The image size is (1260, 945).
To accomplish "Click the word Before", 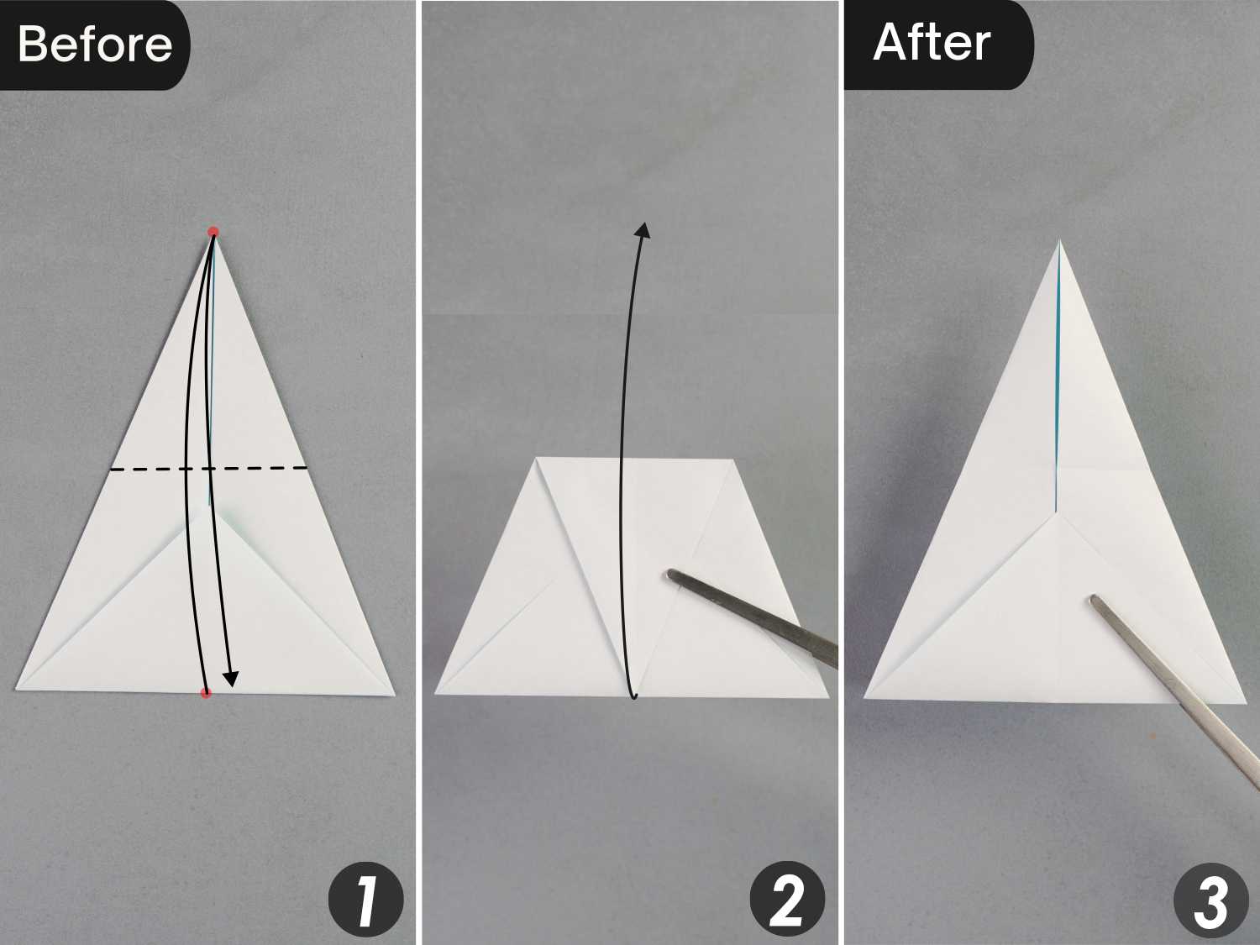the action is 95,45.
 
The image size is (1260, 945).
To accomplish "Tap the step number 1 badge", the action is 365,899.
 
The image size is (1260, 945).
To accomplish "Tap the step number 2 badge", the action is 787,899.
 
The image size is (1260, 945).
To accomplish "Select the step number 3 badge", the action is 1211,900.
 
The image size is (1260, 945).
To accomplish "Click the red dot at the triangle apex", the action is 213,233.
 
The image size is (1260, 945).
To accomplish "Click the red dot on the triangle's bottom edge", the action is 206,693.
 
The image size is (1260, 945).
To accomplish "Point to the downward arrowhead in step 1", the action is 231,679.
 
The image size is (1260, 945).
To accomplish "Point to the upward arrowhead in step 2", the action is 643,229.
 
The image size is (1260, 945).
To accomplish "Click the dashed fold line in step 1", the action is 209,469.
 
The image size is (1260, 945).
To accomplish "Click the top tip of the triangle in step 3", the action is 1060,240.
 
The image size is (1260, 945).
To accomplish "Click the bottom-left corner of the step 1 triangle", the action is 16,689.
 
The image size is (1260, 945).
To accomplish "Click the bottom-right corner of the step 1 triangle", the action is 395,696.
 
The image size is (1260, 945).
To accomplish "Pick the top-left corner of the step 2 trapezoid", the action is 537,458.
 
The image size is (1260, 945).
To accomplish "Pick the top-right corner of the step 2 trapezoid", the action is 733,459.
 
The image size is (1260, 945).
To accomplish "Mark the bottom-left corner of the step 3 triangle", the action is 864,698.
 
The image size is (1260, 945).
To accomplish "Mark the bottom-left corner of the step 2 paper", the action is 435,694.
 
